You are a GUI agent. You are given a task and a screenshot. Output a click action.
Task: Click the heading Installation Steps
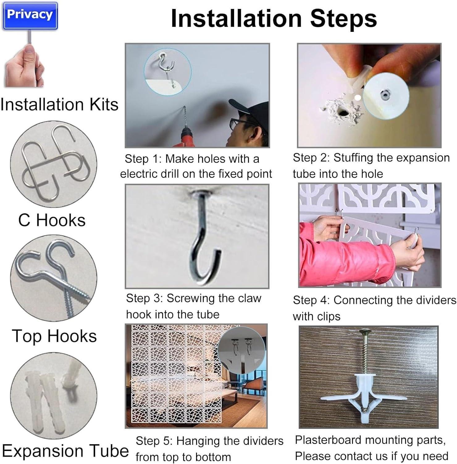point(274,18)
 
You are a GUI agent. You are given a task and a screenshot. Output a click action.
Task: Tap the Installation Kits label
point(59,104)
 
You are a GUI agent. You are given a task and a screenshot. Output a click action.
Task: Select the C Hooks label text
point(52,220)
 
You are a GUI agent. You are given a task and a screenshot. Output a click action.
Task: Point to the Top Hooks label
point(54,336)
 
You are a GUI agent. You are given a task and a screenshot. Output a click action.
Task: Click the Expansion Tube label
point(65,451)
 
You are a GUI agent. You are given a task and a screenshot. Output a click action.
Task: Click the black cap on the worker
point(249,108)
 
